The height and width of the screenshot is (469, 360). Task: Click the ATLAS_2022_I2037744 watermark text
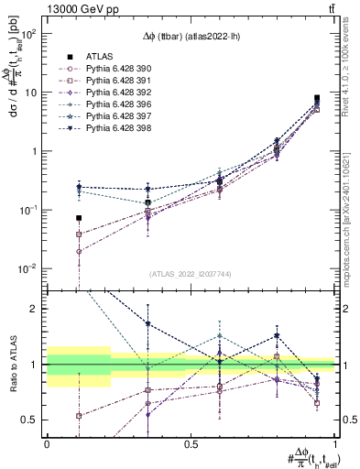click(191, 274)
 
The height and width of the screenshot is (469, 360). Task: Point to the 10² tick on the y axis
click(29, 33)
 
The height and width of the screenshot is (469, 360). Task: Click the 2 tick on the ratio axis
click(35, 309)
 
